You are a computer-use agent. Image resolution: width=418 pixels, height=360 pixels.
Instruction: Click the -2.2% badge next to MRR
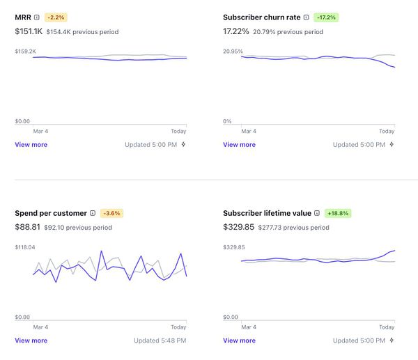point(56,17)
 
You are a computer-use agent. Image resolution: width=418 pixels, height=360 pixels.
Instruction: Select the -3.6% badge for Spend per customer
point(111,213)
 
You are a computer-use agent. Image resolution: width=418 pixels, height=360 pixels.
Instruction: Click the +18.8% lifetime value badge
point(338,213)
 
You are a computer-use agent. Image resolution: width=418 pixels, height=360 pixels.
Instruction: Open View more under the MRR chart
point(31,145)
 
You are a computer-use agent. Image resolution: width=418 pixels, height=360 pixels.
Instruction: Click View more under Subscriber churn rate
point(239,145)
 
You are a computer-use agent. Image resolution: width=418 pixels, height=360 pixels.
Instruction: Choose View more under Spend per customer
point(31,341)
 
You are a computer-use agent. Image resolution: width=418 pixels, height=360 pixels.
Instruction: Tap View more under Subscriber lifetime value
point(239,341)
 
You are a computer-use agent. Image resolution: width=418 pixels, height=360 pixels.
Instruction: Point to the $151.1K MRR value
point(29,31)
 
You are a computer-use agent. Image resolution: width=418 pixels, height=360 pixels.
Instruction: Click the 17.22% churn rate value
point(236,31)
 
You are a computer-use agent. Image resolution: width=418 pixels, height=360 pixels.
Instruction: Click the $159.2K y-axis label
point(25,51)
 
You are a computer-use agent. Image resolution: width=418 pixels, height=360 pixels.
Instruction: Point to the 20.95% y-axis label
point(233,51)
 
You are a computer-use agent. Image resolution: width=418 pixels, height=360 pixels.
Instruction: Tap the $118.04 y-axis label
point(25,247)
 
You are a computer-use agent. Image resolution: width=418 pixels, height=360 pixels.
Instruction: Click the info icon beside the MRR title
point(37,17)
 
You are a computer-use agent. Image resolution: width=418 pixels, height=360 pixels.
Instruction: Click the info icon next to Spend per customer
point(93,213)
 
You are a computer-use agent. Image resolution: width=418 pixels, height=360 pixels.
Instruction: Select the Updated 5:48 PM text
point(160,341)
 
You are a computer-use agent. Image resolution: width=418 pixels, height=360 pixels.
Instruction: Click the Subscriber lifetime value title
point(267,213)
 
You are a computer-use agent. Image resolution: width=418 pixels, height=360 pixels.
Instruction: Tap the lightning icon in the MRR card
point(183,145)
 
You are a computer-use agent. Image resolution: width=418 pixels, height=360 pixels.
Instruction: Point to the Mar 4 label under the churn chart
point(249,131)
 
